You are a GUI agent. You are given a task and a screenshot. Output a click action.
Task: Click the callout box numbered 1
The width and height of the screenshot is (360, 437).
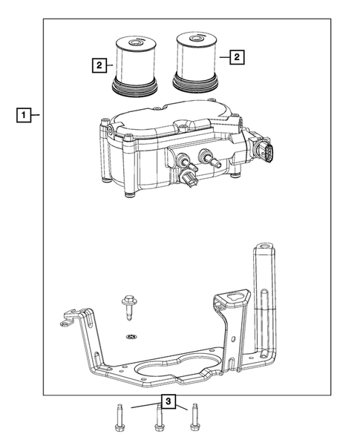25,115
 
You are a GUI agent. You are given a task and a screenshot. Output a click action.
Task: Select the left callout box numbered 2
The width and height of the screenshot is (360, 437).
98,65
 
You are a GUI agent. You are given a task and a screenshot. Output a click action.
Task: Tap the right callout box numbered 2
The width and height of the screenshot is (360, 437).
236,55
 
